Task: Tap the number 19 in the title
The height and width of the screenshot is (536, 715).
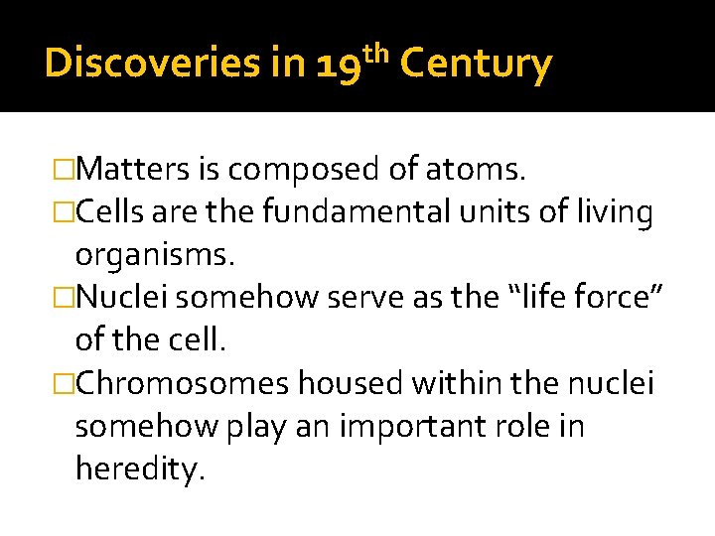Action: point(339,67)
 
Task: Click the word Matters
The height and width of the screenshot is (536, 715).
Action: point(133,171)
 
